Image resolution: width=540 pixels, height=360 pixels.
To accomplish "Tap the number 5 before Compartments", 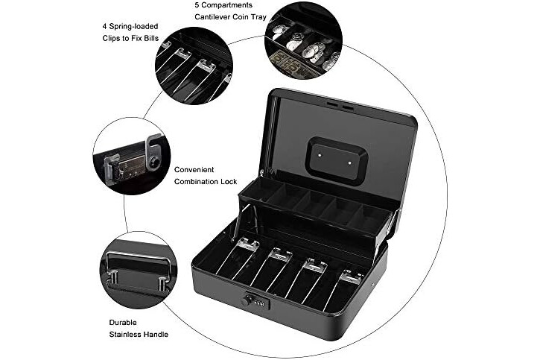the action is coord(197,5).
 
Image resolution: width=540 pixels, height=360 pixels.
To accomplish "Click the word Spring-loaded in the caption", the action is coord(133,27).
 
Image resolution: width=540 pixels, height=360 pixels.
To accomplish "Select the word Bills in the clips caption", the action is coord(151,38).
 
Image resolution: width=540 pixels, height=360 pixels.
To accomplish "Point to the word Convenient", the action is coord(194,169).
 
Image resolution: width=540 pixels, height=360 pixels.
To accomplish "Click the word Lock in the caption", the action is coord(229,182).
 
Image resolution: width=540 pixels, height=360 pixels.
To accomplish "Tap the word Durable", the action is coord(123,323).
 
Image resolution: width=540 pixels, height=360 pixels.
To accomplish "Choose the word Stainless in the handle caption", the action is coord(125,334).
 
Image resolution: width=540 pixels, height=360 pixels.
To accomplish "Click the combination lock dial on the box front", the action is coord(246,301).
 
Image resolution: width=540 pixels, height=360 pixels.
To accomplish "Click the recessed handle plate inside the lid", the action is coord(337,160).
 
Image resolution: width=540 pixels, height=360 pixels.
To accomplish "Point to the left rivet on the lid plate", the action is coord(320,155).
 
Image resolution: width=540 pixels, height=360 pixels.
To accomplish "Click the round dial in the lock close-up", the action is coord(156,162).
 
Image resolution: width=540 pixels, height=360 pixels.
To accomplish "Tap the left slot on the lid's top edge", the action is coord(331,104).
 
